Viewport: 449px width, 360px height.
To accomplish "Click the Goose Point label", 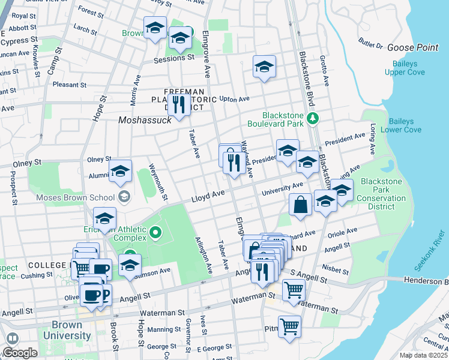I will click(x=413, y=47).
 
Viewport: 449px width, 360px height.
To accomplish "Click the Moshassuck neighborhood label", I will click(x=145, y=119).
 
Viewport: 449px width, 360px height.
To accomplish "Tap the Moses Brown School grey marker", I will click(x=124, y=196).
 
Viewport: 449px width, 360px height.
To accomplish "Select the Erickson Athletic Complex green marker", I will click(x=156, y=232).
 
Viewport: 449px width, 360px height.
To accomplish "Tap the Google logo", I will click(x=20, y=353).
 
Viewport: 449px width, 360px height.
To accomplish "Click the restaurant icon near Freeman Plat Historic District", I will click(x=178, y=105).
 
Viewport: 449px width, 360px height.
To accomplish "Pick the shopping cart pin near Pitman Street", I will click(x=289, y=327).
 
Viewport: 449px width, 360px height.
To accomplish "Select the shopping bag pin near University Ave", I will click(x=300, y=205).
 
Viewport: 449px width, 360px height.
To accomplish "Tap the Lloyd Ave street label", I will click(x=208, y=195).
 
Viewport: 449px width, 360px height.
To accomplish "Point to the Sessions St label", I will click(x=174, y=58).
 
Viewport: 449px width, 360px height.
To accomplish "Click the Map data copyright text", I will click(x=424, y=355).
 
